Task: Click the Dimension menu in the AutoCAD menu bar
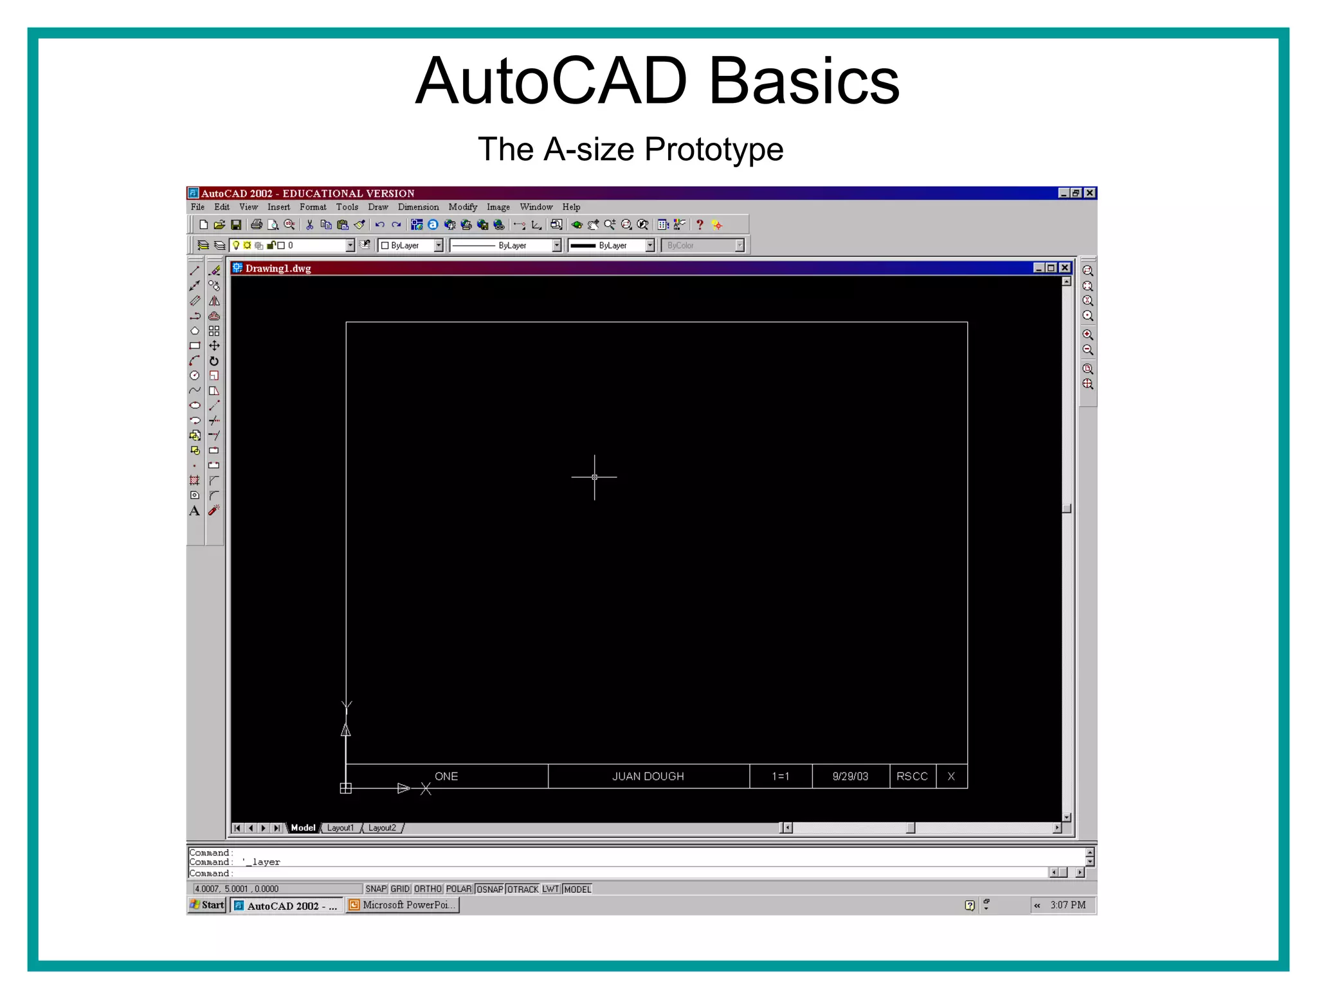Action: (418, 207)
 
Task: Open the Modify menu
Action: (462, 207)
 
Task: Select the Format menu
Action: (313, 207)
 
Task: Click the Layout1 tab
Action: (340, 828)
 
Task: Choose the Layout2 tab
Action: (382, 828)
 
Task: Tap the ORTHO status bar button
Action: (428, 889)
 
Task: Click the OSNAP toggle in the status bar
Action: (489, 889)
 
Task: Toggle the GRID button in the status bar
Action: (400, 889)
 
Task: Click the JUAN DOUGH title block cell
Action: (648, 776)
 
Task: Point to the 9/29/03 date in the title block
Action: (850, 776)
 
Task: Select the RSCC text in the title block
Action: (912, 776)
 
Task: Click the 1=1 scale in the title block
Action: (780, 776)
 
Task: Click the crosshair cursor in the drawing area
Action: (594, 477)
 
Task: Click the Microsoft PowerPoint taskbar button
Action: (403, 905)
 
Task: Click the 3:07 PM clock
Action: (1067, 905)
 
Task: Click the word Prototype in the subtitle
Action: (714, 150)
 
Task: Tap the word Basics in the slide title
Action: (803, 82)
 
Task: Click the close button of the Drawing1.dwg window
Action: (1065, 268)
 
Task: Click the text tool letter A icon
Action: (194, 511)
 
